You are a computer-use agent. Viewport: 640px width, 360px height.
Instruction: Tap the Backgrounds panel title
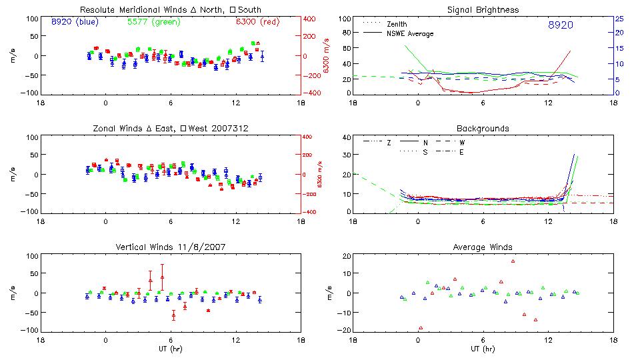483,128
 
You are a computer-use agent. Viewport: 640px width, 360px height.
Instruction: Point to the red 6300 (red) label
255,22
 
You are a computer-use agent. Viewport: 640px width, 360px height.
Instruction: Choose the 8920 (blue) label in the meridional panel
75,22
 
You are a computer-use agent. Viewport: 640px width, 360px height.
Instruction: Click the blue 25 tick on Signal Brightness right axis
619,19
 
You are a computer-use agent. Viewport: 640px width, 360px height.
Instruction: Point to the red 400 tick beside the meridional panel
311,19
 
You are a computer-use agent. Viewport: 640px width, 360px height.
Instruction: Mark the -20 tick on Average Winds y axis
345,331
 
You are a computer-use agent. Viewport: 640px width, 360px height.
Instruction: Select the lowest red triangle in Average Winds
421,327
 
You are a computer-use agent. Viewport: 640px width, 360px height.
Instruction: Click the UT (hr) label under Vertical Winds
171,349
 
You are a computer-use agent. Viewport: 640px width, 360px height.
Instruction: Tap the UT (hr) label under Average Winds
483,349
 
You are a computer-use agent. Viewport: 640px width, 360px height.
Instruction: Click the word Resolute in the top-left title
97,10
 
